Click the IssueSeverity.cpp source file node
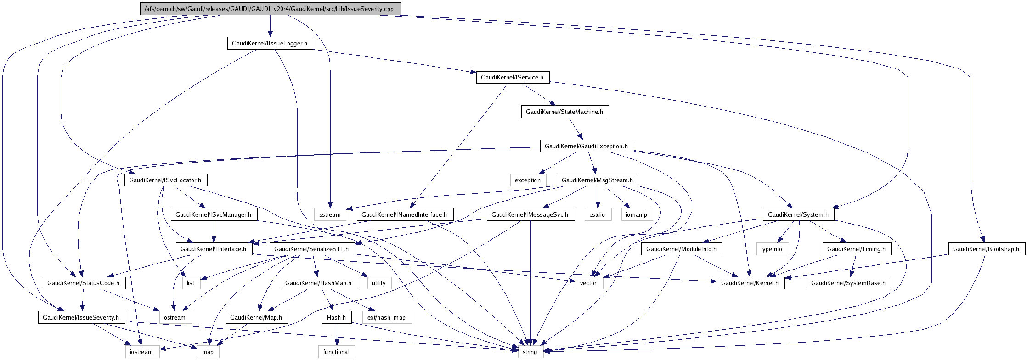(x=270, y=9)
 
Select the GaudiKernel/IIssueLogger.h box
(x=270, y=43)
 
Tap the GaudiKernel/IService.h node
(x=512, y=77)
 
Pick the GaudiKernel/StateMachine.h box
(x=564, y=112)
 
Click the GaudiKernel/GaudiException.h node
(x=586, y=146)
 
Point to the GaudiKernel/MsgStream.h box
(x=597, y=180)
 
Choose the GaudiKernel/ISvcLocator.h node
(x=165, y=180)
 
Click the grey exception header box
(x=528, y=180)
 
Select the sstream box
(x=330, y=214)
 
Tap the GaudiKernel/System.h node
(x=798, y=214)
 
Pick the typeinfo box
(x=772, y=249)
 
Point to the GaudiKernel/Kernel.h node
(x=750, y=283)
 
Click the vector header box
(x=588, y=283)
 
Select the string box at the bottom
(x=530, y=352)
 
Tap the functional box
(x=337, y=352)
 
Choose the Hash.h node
(x=337, y=317)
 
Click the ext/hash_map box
(x=387, y=317)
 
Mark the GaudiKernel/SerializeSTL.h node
(x=311, y=249)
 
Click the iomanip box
(x=637, y=214)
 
